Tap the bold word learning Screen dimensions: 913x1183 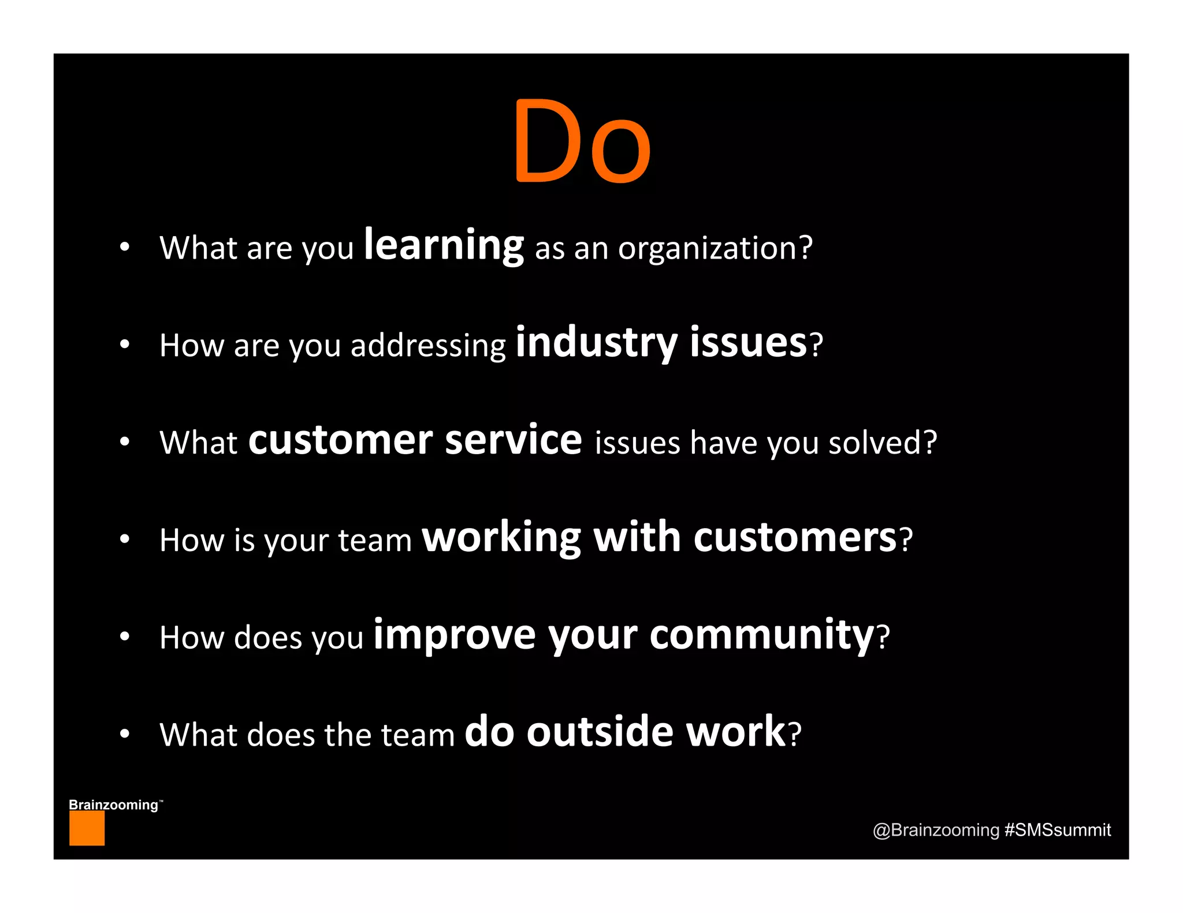point(444,246)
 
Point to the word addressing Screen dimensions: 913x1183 point(428,346)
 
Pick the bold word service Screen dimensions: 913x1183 point(514,440)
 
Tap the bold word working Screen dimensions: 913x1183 point(501,538)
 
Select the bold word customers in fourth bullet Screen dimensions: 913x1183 point(795,538)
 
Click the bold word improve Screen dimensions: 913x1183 point(455,635)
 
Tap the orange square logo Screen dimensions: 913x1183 point(87,828)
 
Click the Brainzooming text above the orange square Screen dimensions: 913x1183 point(114,805)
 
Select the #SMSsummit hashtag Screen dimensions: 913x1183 point(1057,830)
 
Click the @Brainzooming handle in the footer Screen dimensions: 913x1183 point(936,830)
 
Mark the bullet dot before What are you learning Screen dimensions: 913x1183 point(124,248)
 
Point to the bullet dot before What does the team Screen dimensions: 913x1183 point(124,734)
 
